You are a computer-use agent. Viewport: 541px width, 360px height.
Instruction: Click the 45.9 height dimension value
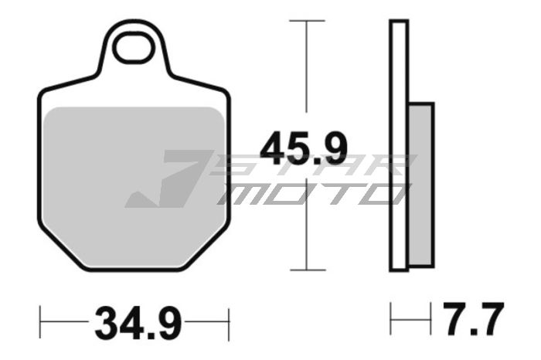click(303, 148)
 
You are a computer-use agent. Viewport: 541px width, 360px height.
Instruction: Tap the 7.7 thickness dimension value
click(472, 318)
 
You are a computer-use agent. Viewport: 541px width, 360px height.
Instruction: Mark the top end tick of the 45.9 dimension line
click(308, 21)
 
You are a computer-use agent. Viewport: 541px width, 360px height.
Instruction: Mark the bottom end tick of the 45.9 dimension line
click(308, 270)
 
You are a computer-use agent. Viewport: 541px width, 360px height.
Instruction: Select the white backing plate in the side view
click(399, 147)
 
